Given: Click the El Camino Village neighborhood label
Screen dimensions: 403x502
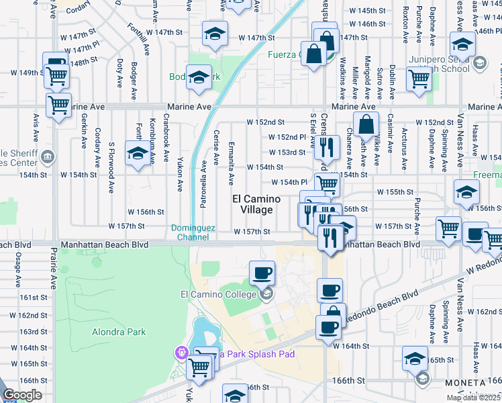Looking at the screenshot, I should pos(252,204).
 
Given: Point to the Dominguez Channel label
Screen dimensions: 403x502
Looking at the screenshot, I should pos(193,232).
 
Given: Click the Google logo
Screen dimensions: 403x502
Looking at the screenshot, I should pos(22,395).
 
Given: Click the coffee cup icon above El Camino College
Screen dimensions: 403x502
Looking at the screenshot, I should pos(262,273).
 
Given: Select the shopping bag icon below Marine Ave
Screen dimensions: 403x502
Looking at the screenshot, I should pos(365,125).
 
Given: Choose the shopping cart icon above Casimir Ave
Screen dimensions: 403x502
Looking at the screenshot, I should pos(419,78).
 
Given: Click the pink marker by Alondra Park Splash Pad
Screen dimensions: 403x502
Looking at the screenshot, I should pos(181,353).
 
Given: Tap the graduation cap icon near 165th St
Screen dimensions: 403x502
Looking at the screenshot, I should pos(415,359).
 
